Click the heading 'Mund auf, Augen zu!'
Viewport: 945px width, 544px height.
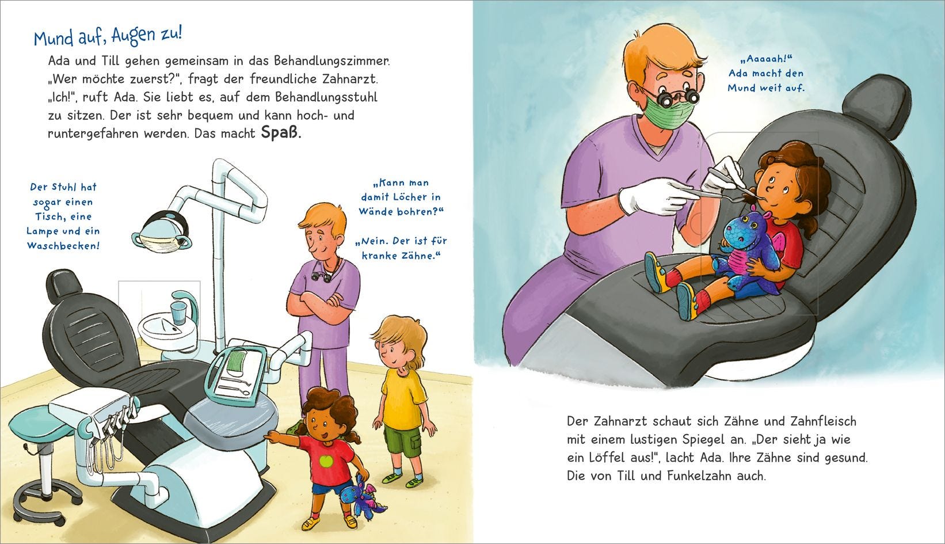pyautogui.click(x=108, y=36)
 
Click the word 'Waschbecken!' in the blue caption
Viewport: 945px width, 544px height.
pyautogui.click(x=63, y=246)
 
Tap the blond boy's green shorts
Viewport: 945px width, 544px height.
pyautogui.click(x=403, y=447)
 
